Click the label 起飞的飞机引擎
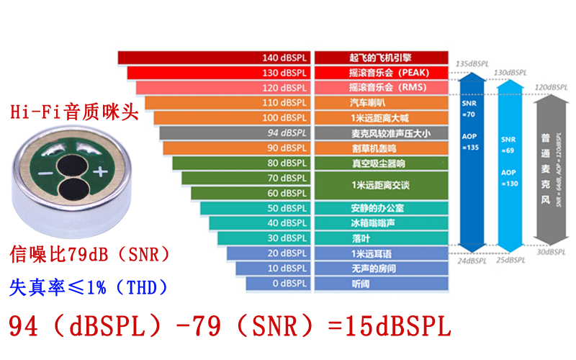[x=380, y=58]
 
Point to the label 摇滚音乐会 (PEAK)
[x=380, y=73]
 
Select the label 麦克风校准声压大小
[x=380, y=133]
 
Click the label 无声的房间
[x=380, y=269]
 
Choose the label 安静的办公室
[x=380, y=208]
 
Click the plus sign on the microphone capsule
[x=99, y=171]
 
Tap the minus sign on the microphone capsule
[x=45, y=175]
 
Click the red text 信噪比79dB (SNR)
[x=90, y=254]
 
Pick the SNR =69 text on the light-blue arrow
[x=508, y=143]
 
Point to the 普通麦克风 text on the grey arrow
[x=547, y=159]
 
